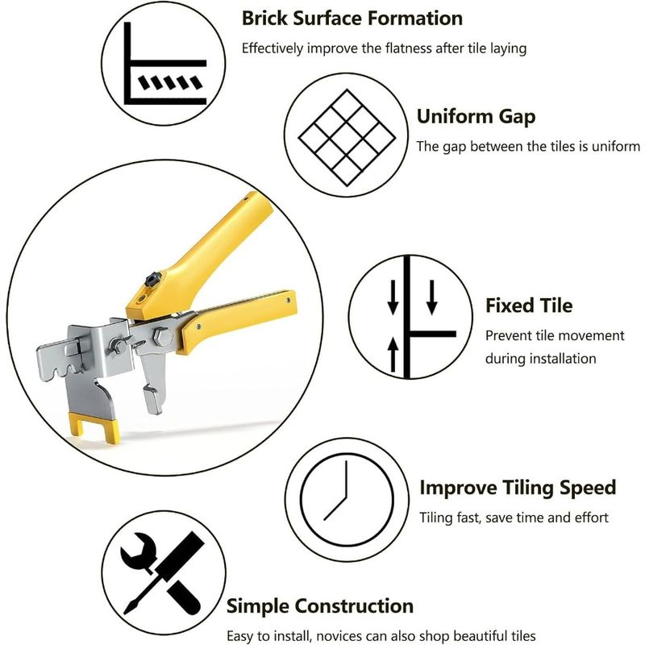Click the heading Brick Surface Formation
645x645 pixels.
[352, 19]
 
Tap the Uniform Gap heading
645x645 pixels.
[476, 117]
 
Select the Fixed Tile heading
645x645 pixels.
[529, 306]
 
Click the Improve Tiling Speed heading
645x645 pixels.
[518, 489]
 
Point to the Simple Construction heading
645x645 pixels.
[320, 606]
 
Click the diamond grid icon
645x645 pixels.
[347, 138]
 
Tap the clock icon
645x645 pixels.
[347, 500]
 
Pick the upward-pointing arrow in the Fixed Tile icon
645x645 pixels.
[393, 354]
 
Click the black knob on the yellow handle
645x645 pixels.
[152, 279]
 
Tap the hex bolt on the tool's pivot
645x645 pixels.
[163, 336]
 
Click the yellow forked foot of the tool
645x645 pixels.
[94, 428]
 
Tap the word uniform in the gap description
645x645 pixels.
[615, 147]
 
